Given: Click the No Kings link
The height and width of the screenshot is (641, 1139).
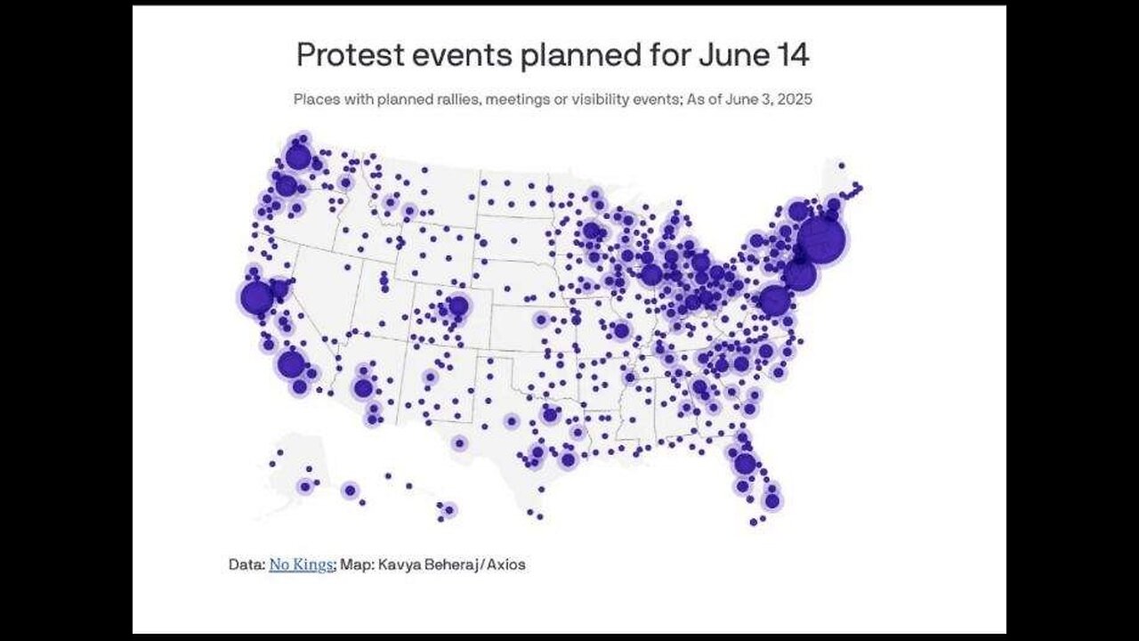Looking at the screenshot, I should click(301, 564).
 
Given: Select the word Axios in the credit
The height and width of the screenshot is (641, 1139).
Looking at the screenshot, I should click(503, 564).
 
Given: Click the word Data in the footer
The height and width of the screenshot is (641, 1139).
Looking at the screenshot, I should click(245, 564).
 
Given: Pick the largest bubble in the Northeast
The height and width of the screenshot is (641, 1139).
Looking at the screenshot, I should click(820, 239).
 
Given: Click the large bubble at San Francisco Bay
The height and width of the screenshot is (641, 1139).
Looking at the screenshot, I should click(256, 298).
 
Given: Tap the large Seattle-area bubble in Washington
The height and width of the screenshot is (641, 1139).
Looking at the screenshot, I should click(298, 157).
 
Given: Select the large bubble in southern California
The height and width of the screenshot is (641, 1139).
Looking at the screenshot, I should click(290, 364).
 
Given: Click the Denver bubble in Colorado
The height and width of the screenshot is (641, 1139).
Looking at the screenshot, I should click(457, 306).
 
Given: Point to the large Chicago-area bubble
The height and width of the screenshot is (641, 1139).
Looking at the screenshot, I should click(651, 274).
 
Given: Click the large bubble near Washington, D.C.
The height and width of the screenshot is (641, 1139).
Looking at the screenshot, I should click(775, 301).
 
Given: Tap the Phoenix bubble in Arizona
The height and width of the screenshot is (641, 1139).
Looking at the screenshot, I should click(362, 388).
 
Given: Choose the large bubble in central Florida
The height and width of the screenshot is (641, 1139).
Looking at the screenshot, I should click(745, 463).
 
